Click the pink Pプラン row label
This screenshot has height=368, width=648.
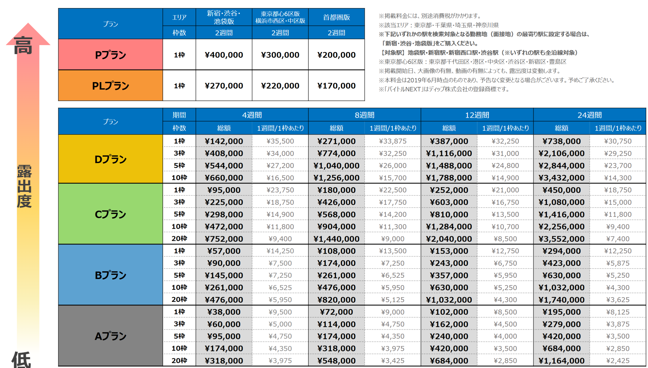pos(110,55)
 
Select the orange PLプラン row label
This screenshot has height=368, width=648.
pos(110,86)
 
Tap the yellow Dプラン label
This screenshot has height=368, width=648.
pos(110,159)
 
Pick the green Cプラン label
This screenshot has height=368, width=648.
pos(110,214)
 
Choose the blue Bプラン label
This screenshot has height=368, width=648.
pos(110,275)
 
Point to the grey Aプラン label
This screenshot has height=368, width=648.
pos(110,336)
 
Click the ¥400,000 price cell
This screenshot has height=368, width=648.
pos(224,55)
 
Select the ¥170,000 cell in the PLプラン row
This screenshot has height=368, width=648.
pos(336,86)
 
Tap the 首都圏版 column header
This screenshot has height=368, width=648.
pos(336,17)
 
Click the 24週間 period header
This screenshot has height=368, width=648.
pos(589,115)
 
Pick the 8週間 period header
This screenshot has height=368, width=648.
pos(364,115)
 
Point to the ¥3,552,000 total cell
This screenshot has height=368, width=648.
pos(561,239)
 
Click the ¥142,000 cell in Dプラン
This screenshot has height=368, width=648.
pos(224,141)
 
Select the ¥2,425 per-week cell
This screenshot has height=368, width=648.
pos(618,361)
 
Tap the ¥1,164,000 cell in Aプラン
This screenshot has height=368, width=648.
pos(561,361)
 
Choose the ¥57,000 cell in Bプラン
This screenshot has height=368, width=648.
pos(224,251)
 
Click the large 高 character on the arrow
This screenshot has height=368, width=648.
pos(23,46)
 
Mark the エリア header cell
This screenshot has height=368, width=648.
pos(179,17)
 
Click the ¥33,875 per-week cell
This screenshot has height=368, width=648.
pos(393,141)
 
